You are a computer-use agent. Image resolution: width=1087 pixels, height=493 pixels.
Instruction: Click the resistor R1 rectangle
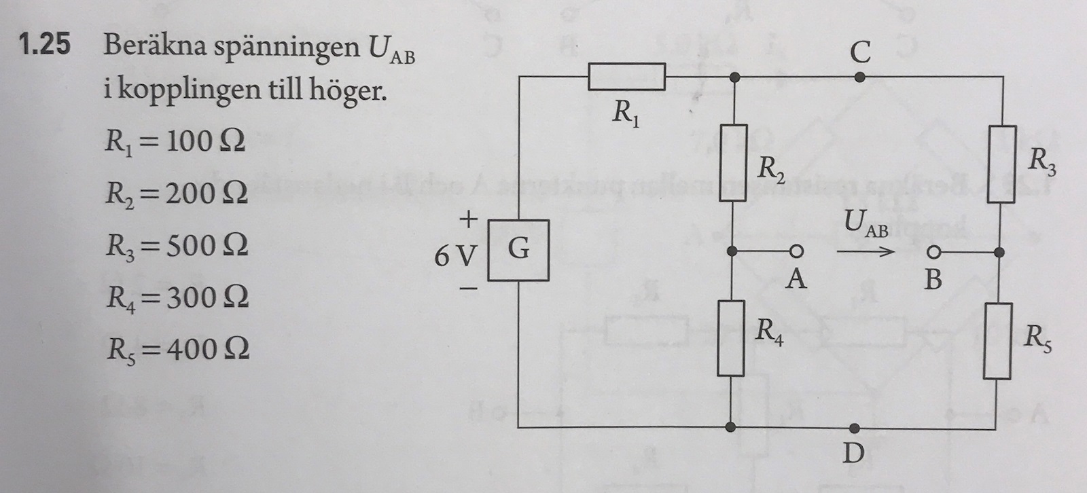[x=626, y=76]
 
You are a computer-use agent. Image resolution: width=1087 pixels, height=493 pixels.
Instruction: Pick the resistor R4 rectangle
[x=730, y=338]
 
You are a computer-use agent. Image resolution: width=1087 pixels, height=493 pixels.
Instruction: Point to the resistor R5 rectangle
[x=997, y=340]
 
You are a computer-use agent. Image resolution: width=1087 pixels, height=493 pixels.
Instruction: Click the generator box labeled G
[x=520, y=250]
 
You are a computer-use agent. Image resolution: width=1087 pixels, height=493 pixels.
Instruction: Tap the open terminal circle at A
[x=796, y=252]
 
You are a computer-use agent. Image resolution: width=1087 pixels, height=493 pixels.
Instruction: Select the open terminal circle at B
[x=934, y=253]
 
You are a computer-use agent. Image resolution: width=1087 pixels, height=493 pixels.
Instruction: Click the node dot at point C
[x=859, y=77]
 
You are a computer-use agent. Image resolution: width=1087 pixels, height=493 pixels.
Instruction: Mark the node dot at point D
[x=855, y=428]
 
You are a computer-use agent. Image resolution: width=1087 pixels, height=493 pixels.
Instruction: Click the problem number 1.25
[x=45, y=45]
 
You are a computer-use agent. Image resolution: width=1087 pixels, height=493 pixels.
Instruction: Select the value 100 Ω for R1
[x=205, y=141]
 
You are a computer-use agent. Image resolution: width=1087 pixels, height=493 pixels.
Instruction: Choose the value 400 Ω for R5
[x=208, y=349]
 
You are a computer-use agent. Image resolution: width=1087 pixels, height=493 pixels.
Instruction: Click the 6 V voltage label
[x=456, y=255]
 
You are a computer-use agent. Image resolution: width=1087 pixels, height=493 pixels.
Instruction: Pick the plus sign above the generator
[x=469, y=219]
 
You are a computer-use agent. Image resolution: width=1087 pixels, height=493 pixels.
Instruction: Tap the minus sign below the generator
[x=469, y=289]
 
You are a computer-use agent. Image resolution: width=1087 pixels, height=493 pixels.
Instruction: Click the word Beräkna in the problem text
[x=154, y=46]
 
